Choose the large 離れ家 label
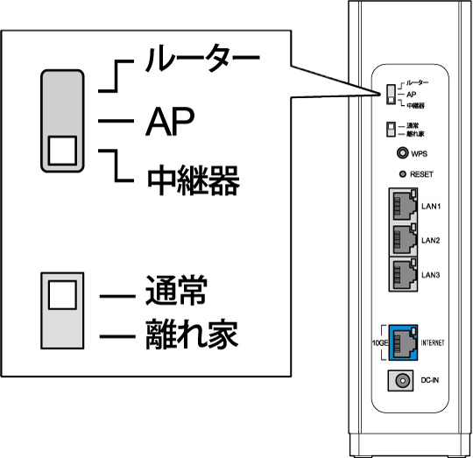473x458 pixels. click(189, 334)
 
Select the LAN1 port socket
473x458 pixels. click(403, 207)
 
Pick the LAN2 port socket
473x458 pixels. click(403, 240)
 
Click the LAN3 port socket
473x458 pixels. click(403, 274)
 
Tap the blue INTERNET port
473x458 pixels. click(403, 342)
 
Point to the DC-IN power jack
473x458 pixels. click(404, 381)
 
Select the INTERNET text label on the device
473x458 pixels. click(433, 342)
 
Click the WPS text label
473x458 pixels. click(419, 154)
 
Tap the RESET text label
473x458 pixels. click(422, 175)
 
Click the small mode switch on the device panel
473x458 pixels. click(391, 95)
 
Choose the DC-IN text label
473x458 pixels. click(430, 381)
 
